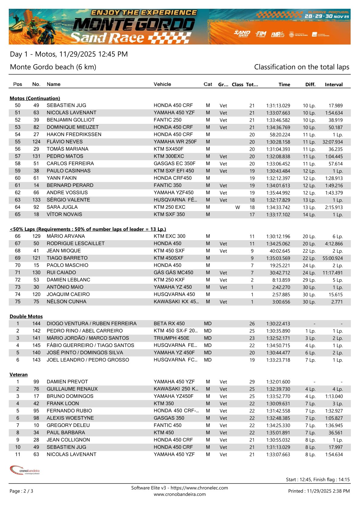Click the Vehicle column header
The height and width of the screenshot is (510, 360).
pyautogui.click(x=162, y=84)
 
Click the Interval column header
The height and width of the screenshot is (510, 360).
pyautogui.click(x=334, y=84)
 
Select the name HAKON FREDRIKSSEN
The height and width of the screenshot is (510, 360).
pyautogui.click(x=74, y=134)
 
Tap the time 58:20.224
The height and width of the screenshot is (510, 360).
pyautogui.click(x=280, y=135)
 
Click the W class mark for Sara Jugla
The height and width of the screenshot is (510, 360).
pyautogui.click(x=237, y=207)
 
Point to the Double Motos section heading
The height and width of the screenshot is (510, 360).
pyautogui.click(x=26, y=316)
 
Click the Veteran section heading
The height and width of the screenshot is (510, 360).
pyautogui.click(x=18, y=375)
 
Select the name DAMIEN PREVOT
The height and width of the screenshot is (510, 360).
pyautogui.click(x=67, y=382)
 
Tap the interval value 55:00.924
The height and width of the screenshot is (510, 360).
pyautogui.click(x=332, y=258)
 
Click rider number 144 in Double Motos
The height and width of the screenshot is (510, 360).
pyautogui.click(x=36, y=323)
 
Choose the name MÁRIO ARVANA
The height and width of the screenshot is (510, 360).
pyautogui.click(x=66, y=236)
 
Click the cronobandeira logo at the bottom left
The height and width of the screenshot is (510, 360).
pyautogui.click(x=25, y=470)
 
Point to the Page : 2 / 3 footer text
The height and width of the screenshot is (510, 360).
pyautogui.click(x=21, y=491)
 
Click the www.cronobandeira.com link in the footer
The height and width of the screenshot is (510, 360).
pyautogui.click(x=180, y=494)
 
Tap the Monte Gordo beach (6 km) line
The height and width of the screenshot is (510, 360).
pyautogui.click(x=53, y=67)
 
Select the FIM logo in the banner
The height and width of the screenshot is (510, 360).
pyautogui.click(x=261, y=34)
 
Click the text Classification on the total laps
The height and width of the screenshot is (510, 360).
pyautogui.click(x=302, y=67)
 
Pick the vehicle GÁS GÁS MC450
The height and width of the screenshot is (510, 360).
pyautogui.click(x=173, y=273)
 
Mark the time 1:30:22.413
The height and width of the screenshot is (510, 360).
pyautogui.click(x=278, y=324)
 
